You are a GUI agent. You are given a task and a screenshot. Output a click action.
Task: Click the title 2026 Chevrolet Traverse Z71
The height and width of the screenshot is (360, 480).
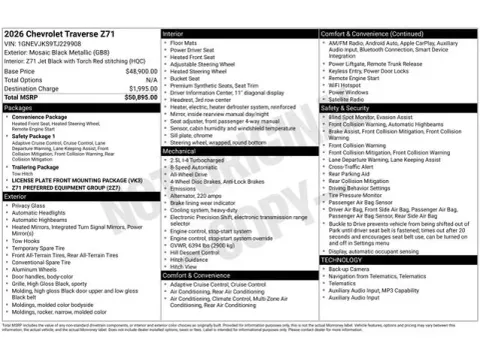click(x=60, y=34)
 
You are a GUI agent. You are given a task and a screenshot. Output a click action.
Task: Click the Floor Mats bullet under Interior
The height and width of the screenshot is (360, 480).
click(x=186, y=43)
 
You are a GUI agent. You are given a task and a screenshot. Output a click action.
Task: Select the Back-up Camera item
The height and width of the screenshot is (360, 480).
click(x=350, y=268)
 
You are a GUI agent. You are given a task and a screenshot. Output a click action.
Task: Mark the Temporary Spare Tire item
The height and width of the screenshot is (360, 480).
click(x=45, y=247)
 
